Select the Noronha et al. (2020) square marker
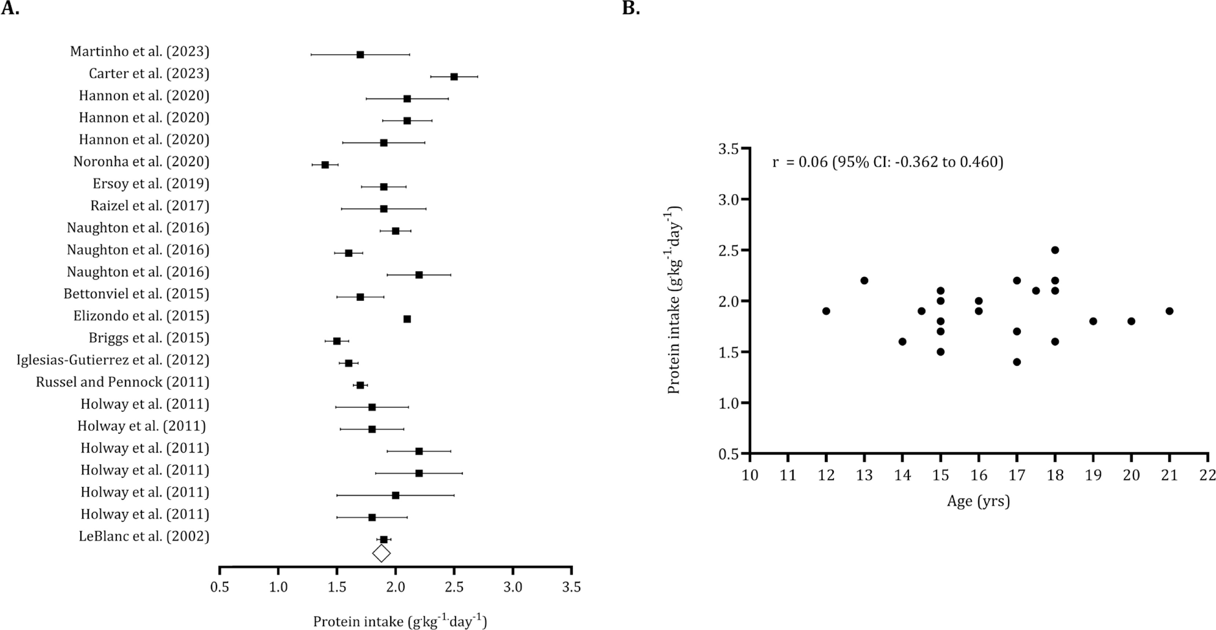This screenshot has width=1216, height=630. click(x=325, y=165)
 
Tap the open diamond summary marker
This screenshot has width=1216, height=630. click(x=381, y=553)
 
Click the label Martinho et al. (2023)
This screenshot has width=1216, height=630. click(x=140, y=51)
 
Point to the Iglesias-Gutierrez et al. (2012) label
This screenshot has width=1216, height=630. click(x=113, y=360)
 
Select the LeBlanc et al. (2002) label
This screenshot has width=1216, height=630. click(x=144, y=536)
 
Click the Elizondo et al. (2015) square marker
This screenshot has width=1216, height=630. click(x=407, y=319)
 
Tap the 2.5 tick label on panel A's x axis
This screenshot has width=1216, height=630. click(x=454, y=587)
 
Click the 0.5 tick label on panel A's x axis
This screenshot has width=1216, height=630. click(x=220, y=587)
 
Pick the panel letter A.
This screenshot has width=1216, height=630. click(x=10, y=8)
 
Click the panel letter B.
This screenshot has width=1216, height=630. click(x=631, y=8)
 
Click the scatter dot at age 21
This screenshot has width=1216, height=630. click(x=1169, y=311)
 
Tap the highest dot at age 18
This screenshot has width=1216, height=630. click(x=1055, y=250)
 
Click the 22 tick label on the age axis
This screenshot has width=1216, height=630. click(x=1208, y=475)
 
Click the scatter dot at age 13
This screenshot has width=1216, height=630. click(x=864, y=280)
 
